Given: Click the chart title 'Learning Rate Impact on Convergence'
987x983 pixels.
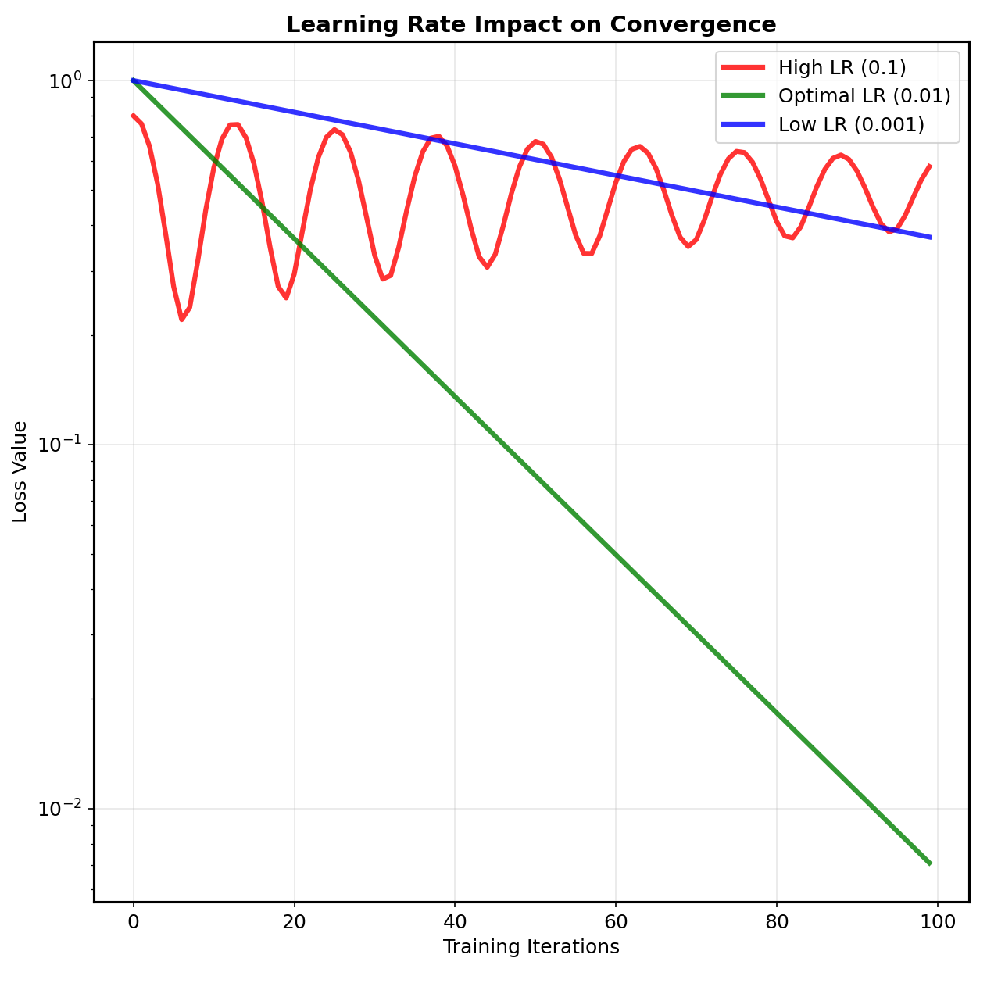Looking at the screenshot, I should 531,24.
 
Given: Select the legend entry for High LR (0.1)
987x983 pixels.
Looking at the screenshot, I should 842,68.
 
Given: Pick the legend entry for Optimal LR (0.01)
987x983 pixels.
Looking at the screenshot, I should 864,97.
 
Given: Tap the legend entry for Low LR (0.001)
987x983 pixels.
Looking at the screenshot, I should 851,125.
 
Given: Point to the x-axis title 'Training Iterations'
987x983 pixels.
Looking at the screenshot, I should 531,947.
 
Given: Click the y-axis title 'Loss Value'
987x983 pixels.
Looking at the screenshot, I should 20,471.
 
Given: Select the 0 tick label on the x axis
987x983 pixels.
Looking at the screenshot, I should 133,921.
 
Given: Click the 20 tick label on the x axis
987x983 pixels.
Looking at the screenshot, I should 294,921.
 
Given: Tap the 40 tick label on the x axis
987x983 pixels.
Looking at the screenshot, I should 455,921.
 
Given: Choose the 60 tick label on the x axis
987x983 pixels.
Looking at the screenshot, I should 615,921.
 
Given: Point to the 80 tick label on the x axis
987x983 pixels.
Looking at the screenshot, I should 776,921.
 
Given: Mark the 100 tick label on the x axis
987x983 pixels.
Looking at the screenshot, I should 937,921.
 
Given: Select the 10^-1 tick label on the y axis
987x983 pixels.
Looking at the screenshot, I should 60,444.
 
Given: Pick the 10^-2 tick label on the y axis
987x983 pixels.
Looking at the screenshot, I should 60,808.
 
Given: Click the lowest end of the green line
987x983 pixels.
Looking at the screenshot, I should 930,863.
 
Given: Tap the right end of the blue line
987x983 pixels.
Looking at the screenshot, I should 930,237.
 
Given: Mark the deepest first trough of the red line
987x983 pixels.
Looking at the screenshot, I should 181,320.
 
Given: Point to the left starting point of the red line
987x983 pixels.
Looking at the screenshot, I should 133,115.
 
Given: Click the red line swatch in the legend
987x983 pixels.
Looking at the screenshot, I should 744,68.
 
